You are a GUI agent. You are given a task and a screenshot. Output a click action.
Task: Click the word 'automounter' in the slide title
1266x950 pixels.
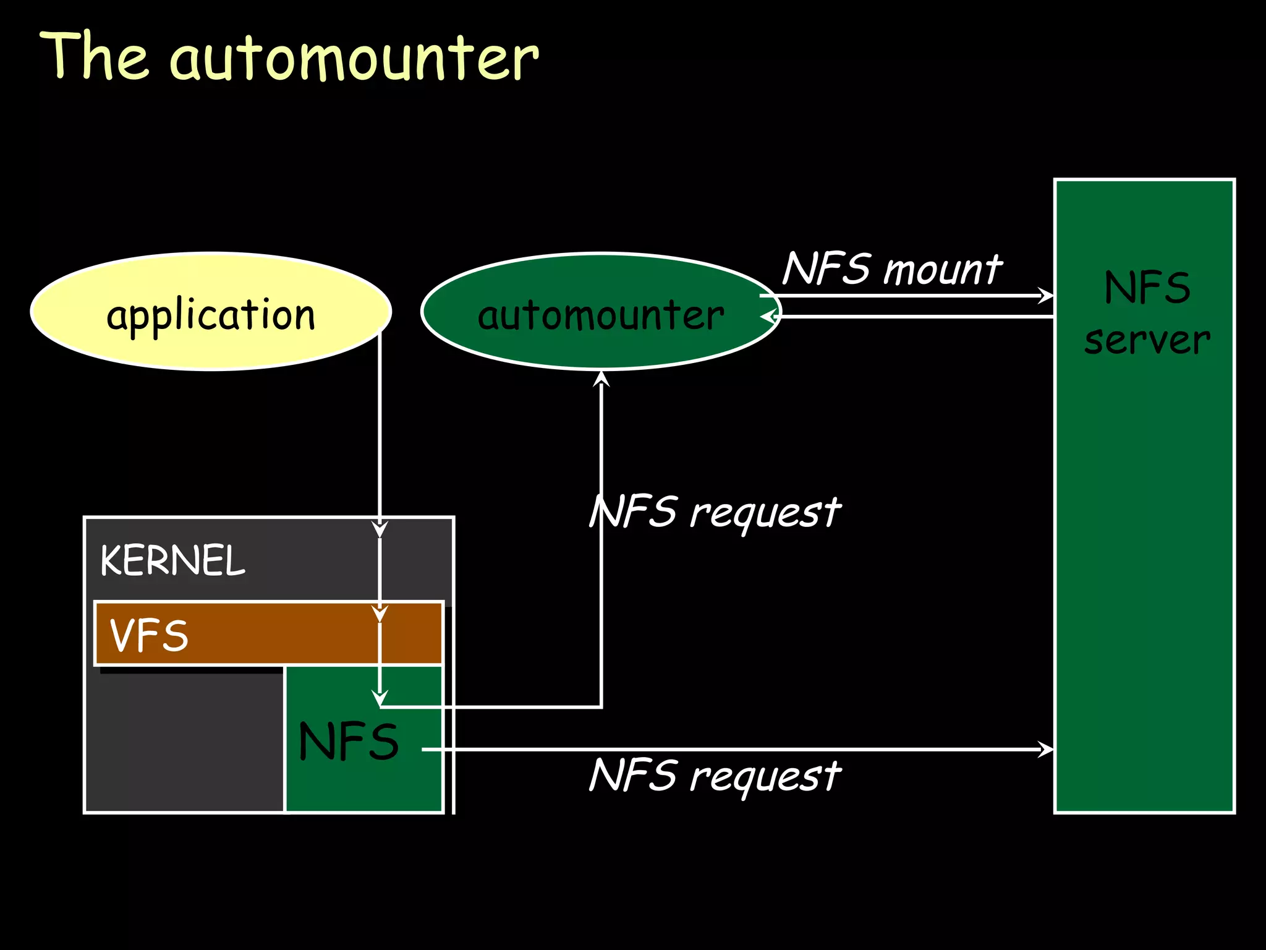click(x=354, y=59)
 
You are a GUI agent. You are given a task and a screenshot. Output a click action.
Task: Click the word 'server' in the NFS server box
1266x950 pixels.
click(x=1147, y=340)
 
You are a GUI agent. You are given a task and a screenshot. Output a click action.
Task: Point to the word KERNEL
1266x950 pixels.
click(x=172, y=560)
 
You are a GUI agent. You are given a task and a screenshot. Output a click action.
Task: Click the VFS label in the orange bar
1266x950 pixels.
click(x=149, y=636)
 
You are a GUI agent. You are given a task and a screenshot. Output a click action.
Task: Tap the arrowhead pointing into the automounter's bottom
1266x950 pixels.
click(x=601, y=379)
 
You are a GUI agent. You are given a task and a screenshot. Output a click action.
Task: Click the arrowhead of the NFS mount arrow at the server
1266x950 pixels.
click(x=1045, y=296)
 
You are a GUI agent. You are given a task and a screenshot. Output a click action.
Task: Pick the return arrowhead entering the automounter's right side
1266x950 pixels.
click(x=769, y=317)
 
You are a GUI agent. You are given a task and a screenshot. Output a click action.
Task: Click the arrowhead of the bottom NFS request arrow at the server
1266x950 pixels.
click(x=1045, y=750)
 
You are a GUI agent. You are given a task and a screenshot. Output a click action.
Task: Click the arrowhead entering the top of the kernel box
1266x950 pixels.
click(x=380, y=530)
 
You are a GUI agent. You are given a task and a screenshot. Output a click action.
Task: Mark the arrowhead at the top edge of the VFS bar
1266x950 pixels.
click(x=380, y=614)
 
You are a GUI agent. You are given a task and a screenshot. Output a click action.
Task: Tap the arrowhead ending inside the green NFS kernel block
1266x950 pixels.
click(x=380, y=699)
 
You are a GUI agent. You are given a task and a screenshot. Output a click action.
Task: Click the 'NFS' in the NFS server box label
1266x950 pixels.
click(x=1147, y=288)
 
